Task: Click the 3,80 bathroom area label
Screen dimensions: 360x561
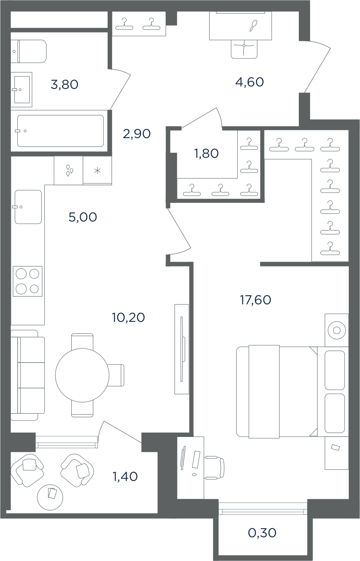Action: (64, 84)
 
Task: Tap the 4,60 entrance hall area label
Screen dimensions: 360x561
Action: (250, 82)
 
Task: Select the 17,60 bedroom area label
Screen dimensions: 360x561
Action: (256, 300)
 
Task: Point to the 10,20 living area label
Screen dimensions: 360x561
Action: (128, 317)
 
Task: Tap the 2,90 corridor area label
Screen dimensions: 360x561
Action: (137, 134)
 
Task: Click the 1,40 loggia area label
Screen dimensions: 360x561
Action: (125, 476)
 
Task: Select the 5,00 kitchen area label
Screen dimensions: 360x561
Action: (83, 217)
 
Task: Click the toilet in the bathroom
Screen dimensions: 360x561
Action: (28, 51)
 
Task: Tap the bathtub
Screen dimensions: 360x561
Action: (60, 131)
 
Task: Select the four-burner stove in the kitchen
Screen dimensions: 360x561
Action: (28, 281)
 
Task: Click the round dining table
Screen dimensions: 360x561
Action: (82, 375)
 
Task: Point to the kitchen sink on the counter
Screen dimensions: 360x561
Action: (28, 207)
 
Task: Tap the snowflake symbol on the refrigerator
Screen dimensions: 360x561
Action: (97, 171)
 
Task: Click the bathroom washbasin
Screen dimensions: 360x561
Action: (22, 89)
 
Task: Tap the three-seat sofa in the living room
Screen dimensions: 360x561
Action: (28, 375)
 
